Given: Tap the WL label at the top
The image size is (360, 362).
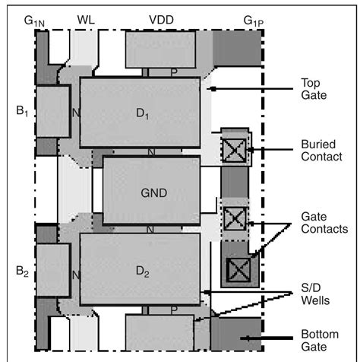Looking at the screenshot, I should click(x=85, y=17).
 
